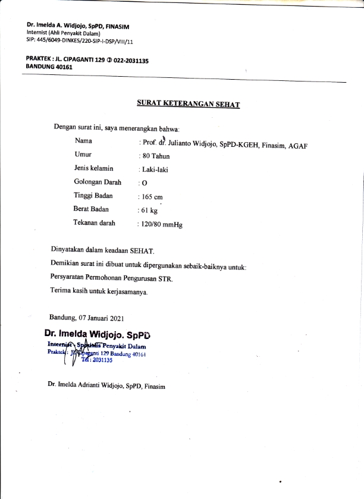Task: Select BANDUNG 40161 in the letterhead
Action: (x=48, y=67)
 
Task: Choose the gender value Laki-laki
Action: (x=154, y=170)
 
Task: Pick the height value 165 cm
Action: (x=152, y=196)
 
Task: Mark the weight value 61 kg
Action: (x=149, y=210)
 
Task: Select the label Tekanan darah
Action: (x=95, y=223)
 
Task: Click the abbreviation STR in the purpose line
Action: (x=164, y=278)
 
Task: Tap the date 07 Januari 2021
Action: (x=104, y=318)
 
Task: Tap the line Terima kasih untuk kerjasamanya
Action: (x=99, y=291)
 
